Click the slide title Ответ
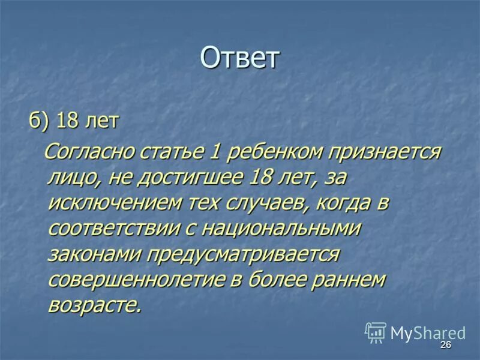click(x=240, y=58)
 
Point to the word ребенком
click(x=272, y=152)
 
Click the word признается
click(x=384, y=152)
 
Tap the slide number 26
click(x=445, y=345)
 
